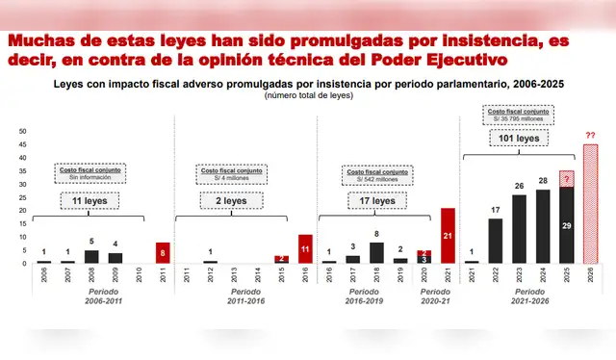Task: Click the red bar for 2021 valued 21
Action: click(x=448, y=236)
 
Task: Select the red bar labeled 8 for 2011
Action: click(x=163, y=253)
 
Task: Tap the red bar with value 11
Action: click(x=305, y=249)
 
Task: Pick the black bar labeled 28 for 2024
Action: click(x=543, y=226)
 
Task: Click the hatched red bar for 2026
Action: click(x=591, y=204)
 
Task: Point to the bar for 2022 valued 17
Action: click(x=496, y=241)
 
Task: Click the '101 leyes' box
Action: click(x=521, y=139)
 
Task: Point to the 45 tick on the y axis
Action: click(x=21, y=143)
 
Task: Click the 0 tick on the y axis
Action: click(x=23, y=264)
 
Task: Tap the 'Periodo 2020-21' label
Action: click(x=435, y=296)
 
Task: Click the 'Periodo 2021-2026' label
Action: click(x=530, y=296)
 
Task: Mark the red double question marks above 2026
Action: click(x=590, y=136)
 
